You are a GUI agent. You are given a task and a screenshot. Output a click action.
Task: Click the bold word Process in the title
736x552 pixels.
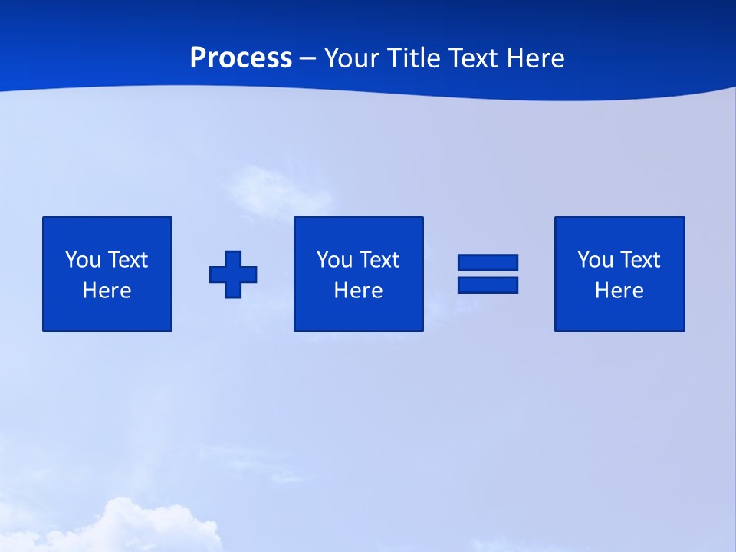[241, 58]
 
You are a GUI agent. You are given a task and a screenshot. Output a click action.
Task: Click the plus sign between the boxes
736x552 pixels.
[233, 274]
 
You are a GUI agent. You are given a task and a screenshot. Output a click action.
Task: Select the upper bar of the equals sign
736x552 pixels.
[488, 263]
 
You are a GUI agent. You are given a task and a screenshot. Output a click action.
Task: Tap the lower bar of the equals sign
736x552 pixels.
[488, 284]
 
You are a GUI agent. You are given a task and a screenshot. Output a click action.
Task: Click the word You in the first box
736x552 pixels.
[83, 260]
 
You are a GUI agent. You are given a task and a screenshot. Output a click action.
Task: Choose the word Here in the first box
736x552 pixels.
[107, 291]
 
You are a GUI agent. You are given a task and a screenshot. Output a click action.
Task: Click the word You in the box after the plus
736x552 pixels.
[334, 260]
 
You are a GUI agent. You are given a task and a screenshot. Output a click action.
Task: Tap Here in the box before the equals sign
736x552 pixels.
[358, 291]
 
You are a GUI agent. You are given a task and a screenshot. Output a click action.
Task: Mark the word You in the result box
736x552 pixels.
[595, 260]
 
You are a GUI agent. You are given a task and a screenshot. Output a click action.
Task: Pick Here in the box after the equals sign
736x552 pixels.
[619, 291]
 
